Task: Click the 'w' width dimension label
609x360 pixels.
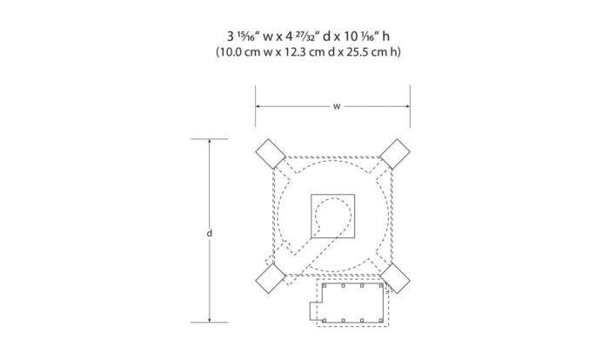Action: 337,106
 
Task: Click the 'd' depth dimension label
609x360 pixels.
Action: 210,233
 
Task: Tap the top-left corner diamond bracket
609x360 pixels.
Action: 271,154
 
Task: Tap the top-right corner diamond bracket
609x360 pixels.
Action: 395,154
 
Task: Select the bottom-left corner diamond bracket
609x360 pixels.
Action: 271,278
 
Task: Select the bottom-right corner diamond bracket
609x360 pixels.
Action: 395,278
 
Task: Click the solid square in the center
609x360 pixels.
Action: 333,216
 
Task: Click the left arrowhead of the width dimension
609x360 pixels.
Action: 258,106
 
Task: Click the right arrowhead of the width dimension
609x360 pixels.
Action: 408,106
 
